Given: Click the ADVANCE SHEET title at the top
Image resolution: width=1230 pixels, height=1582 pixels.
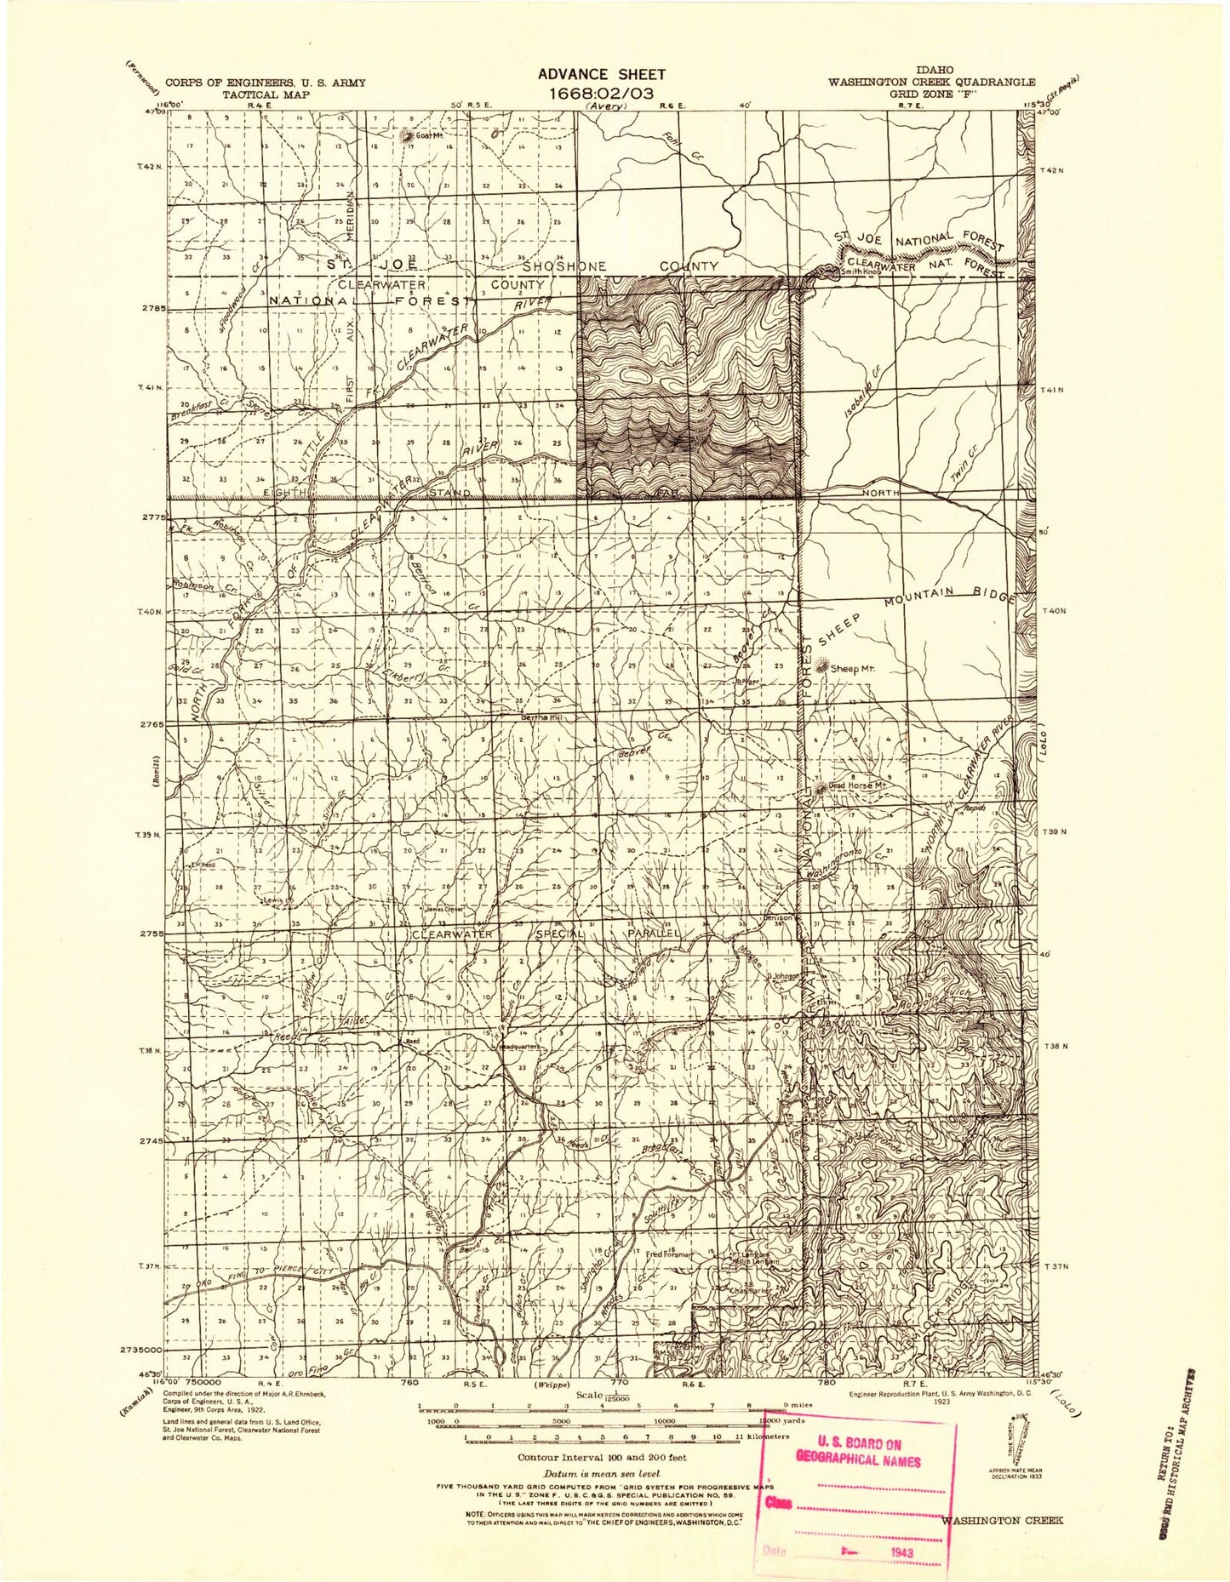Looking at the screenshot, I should point(601,75).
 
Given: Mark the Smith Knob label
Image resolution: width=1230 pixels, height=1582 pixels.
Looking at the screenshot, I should point(860,272).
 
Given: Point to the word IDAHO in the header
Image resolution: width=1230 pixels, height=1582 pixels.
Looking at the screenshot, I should point(934,70).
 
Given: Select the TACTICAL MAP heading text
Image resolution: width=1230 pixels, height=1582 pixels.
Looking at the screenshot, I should point(266,94).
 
